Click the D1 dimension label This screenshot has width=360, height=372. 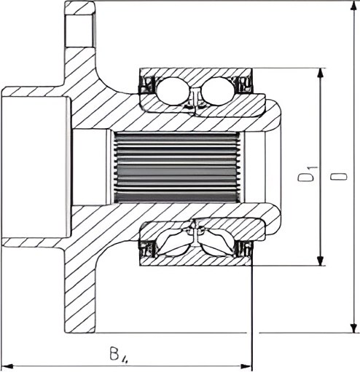[308, 174]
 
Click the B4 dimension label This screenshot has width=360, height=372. [119, 355]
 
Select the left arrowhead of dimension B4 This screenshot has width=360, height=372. [8, 366]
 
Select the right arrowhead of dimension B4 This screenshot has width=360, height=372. [246, 366]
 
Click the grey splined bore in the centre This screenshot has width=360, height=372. [177, 167]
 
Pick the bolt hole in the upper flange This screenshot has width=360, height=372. [79, 31]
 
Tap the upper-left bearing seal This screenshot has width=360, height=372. [147, 84]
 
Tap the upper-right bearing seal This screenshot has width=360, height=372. [243, 84]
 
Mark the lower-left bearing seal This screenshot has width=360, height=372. [147, 249]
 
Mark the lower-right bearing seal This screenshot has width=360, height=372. [244, 249]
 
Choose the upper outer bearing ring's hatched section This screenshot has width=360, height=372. [196, 75]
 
